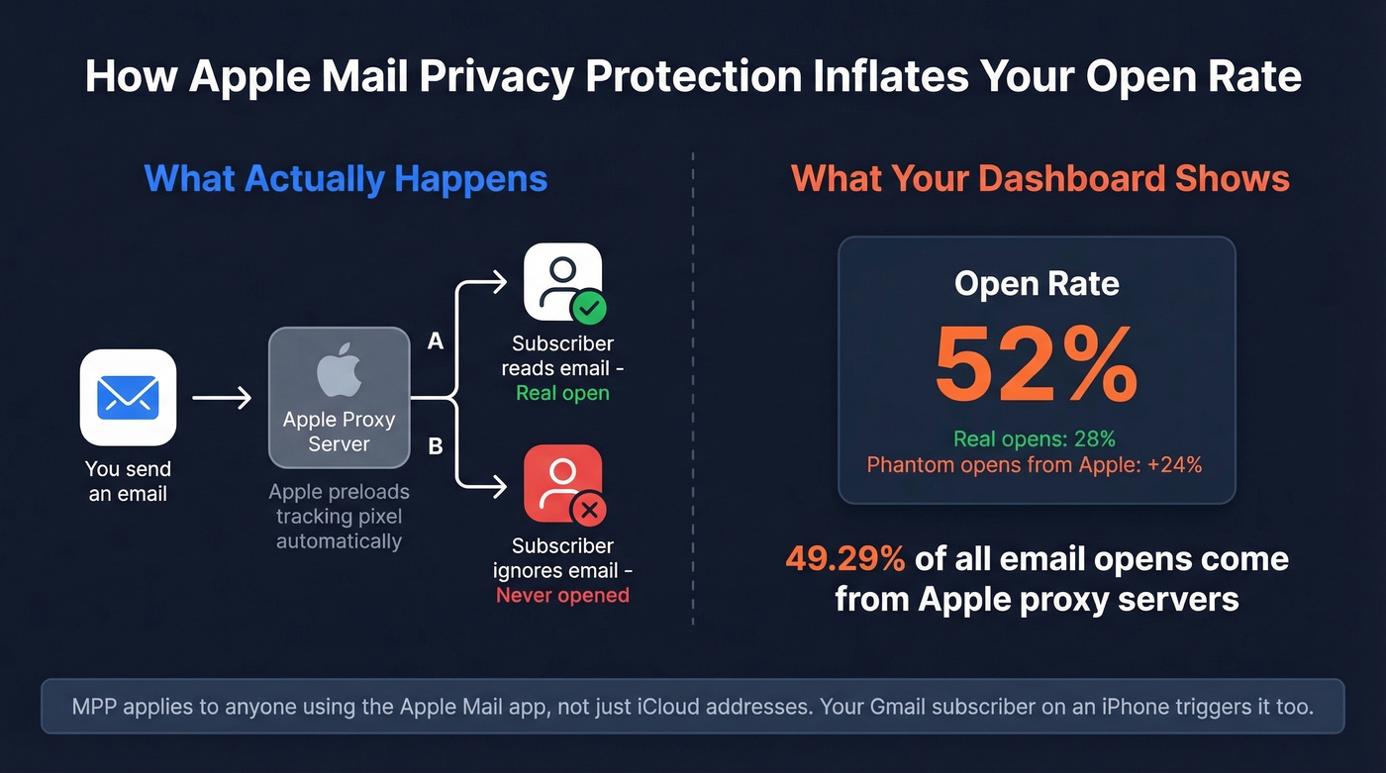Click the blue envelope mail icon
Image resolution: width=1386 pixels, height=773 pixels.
click(128, 397)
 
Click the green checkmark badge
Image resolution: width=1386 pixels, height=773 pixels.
click(589, 309)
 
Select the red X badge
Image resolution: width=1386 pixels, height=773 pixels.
click(590, 511)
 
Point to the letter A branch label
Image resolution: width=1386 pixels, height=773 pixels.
click(435, 341)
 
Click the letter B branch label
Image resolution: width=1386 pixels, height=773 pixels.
click(435, 446)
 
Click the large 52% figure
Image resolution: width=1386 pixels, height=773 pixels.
click(1037, 365)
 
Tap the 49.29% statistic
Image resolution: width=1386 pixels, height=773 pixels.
click(844, 559)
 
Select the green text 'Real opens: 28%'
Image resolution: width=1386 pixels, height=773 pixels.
click(1035, 438)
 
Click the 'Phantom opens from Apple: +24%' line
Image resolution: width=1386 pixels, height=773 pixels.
click(1035, 464)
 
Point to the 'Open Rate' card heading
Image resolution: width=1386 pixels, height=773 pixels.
click(1037, 284)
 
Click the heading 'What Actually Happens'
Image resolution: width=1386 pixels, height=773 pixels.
click(346, 179)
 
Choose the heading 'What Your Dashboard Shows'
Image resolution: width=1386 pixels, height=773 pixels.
click(1040, 179)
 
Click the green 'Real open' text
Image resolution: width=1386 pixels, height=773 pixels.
click(562, 393)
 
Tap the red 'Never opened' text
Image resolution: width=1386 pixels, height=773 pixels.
click(562, 595)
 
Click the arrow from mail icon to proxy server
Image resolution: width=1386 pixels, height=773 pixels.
click(222, 398)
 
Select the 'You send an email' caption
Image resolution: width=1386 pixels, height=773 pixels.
click(128, 481)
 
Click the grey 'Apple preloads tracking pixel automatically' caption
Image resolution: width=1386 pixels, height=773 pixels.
click(339, 517)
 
